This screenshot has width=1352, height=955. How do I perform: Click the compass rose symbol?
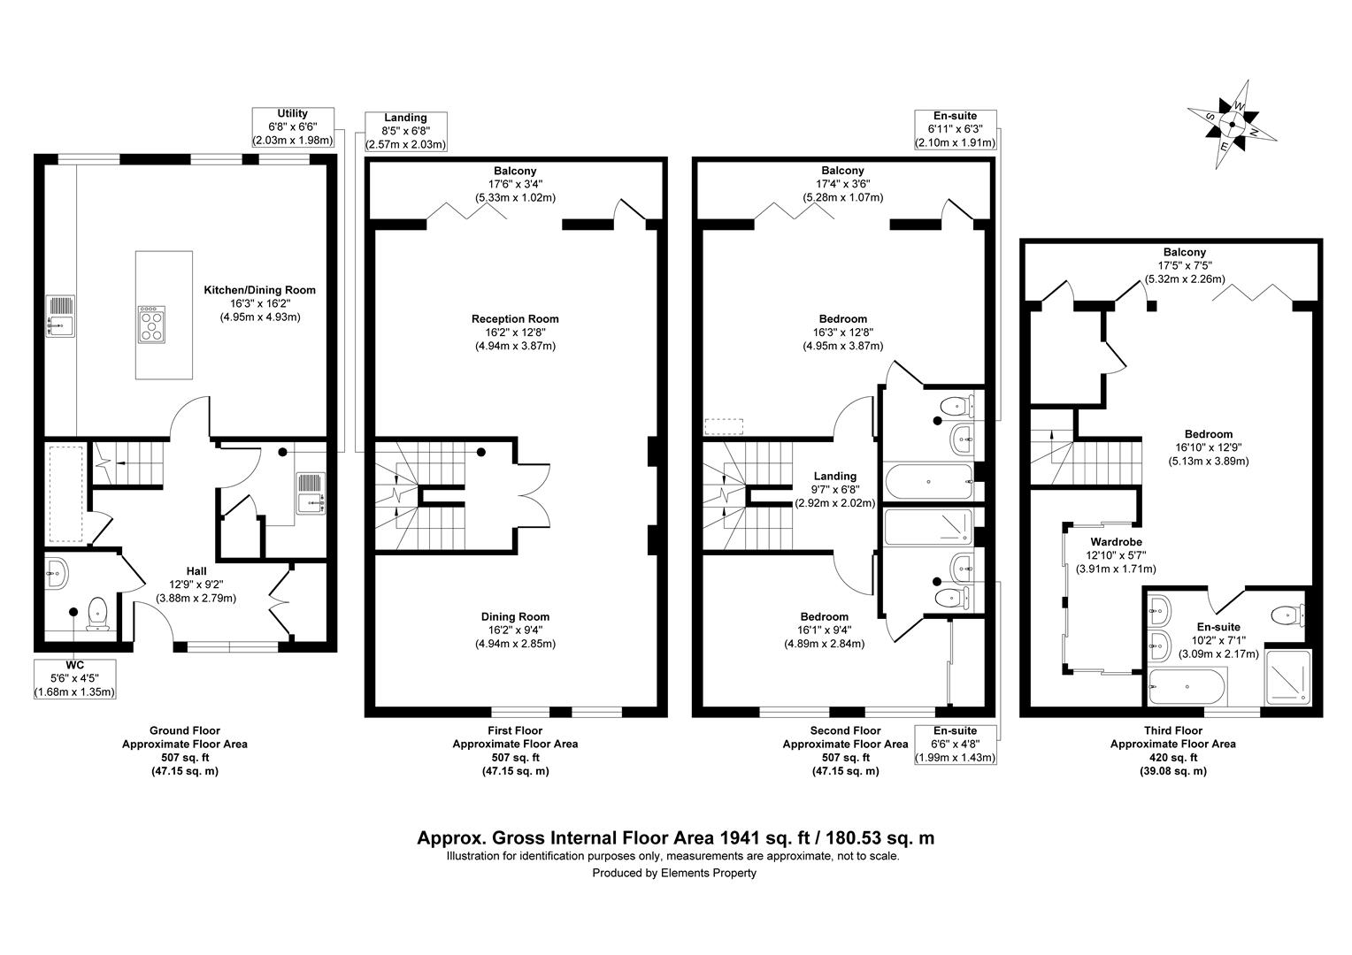tap(1233, 125)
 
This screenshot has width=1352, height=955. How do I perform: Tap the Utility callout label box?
tap(293, 126)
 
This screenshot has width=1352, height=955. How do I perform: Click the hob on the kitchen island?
tap(151, 322)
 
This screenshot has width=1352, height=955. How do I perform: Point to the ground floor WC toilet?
tap(96, 613)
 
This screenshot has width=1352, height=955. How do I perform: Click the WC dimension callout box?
tap(74, 677)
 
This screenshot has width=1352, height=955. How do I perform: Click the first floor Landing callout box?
tap(406, 131)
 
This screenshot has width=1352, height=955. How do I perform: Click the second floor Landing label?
tap(834, 476)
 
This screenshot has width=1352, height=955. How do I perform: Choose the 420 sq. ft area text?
tap(1172, 757)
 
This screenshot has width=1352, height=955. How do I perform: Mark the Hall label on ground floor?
tap(196, 571)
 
